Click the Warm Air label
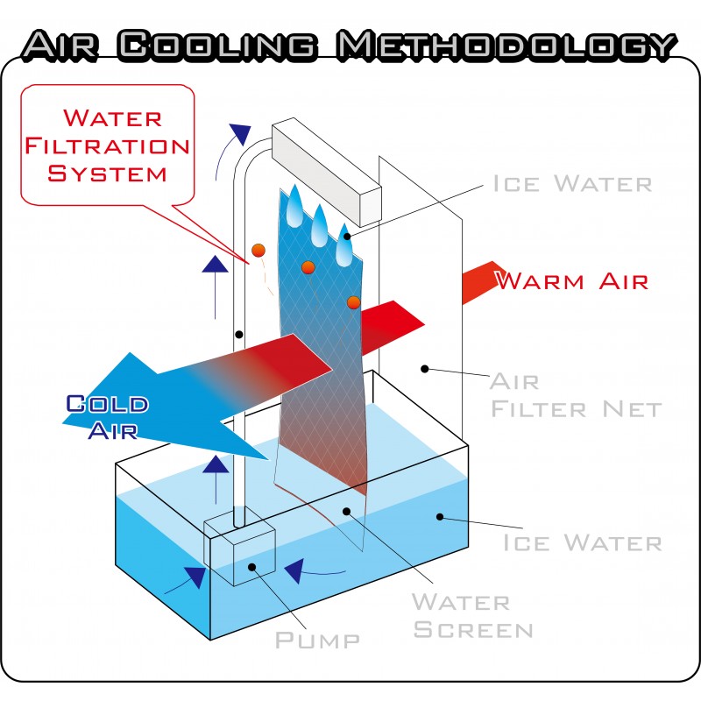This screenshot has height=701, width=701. pos(572,281)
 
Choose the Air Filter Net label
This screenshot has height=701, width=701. pos(574,395)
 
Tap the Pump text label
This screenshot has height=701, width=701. pos(317,640)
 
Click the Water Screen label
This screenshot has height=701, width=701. pos(472,616)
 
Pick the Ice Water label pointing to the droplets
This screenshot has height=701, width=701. pos(572,184)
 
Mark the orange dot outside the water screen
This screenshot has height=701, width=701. pos(258,251)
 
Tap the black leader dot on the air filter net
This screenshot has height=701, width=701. pos(425,369)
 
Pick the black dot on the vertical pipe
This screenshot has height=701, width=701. pos(238,335)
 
